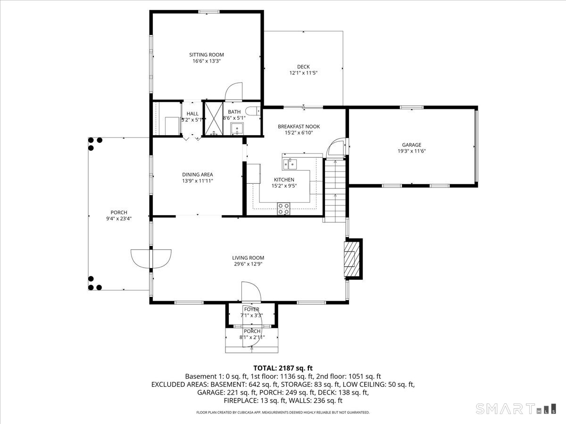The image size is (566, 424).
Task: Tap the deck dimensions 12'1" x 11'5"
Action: click(x=303, y=73)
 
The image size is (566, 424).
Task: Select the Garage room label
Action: click(x=411, y=145)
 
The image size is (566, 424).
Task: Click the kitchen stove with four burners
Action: click(x=284, y=208)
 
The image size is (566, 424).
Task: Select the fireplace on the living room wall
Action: click(x=351, y=258)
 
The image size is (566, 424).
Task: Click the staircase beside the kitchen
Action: click(x=335, y=188)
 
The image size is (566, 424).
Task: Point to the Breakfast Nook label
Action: click(x=299, y=126)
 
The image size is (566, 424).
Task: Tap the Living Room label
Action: click(x=248, y=258)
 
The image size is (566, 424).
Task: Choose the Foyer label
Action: click(x=251, y=309)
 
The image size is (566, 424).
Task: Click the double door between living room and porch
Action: click(x=151, y=258)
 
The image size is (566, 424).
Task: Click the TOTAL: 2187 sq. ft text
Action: click(x=283, y=368)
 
